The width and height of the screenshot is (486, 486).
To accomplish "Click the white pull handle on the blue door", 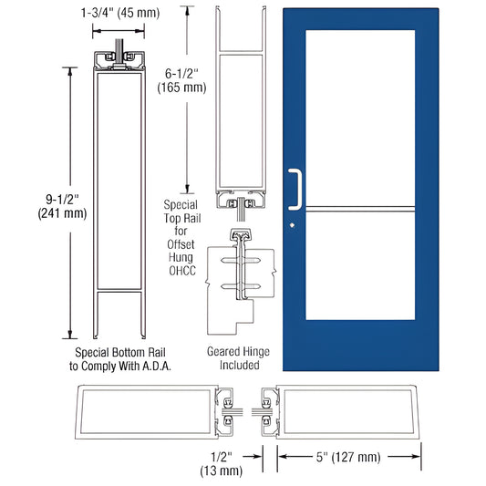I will pyautogui.click(x=295, y=187).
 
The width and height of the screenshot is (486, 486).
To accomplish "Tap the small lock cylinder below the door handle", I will pyautogui.click(x=292, y=224).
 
